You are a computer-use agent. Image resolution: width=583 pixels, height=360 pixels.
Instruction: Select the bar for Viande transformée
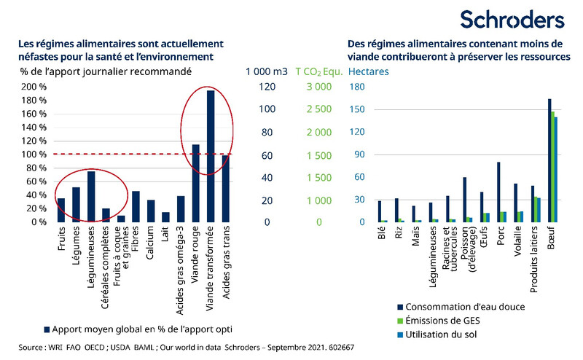coord(211,156)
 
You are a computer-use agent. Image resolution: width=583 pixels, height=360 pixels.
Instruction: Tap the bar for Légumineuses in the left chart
coord(91,196)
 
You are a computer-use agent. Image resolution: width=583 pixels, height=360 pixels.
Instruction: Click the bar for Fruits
coord(61,210)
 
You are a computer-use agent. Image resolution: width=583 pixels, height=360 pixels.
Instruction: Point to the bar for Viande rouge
coord(195,183)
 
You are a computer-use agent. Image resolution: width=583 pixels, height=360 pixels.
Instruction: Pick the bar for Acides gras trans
coord(225,188)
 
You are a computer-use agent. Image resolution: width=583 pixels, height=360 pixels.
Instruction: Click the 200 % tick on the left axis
coord(32,87)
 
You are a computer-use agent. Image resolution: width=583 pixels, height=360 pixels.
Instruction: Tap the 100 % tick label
coord(32,154)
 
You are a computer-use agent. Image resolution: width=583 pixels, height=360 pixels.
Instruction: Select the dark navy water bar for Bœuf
coord(549,160)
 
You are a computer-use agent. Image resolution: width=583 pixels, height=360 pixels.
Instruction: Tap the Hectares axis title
coord(369,71)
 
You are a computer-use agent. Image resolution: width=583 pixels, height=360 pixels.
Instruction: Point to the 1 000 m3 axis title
coord(266,71)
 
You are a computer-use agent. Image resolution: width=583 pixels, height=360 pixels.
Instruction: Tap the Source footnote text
coord(187,347)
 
